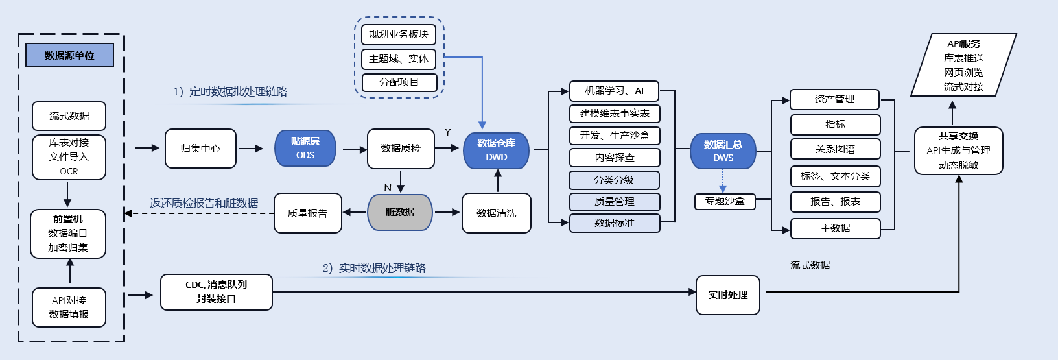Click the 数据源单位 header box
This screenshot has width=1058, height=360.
click(x=69, y=55)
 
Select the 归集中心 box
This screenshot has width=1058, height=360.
click(x=200, y=149)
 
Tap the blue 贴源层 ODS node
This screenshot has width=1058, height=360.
click(x=305, y=148)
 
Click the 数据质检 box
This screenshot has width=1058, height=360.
click(x=401, y=149)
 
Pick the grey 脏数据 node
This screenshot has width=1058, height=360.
click(x=400, y=212)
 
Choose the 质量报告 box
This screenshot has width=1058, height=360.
click(x=307, y=213)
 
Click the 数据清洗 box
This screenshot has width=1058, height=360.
click(x=496, y=213)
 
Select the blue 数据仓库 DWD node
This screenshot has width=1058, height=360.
click(x=496, y=150)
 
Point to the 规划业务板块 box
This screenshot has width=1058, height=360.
click(x=398, y=34)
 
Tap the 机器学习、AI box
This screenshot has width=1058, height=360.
click(x=614, y=91)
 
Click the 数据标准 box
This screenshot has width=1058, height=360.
click(x=614, y=223)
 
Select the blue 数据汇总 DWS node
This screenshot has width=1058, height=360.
click(x=723, y=150)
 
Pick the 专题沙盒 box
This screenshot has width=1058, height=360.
click(x=725, y=201)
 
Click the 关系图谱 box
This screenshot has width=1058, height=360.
click(x=835, y=149)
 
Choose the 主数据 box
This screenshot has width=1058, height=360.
click(x=835, y=228)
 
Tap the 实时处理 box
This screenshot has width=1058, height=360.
click(x=727, y=295)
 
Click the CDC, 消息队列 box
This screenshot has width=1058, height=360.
click(x=216, y=292)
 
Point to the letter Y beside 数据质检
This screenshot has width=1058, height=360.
click(x=448, y=132)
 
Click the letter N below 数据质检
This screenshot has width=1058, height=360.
click(x=388, y=187)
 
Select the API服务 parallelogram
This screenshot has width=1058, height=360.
click(x=963, y=65)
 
